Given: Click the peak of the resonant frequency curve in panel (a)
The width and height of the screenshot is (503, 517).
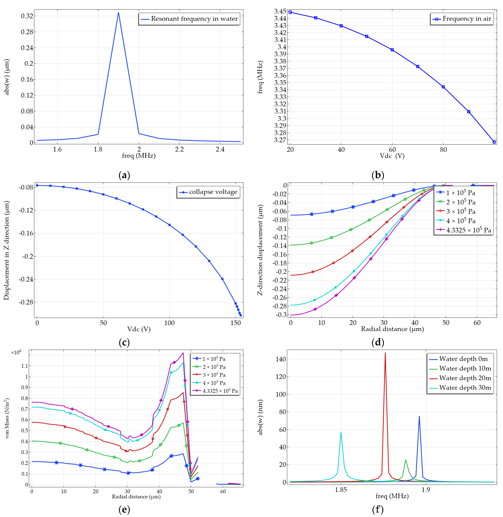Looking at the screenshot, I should pyautogui.click(x=118, y=13).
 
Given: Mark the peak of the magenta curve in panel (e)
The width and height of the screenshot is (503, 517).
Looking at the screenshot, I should pyautogui.click(x=183, y=353).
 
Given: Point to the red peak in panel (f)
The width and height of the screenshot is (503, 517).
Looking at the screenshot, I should pyautogui.click(x=385, y=353).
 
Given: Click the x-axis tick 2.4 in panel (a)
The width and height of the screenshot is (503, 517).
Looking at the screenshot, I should pyautogui.click(x=220, y=150).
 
